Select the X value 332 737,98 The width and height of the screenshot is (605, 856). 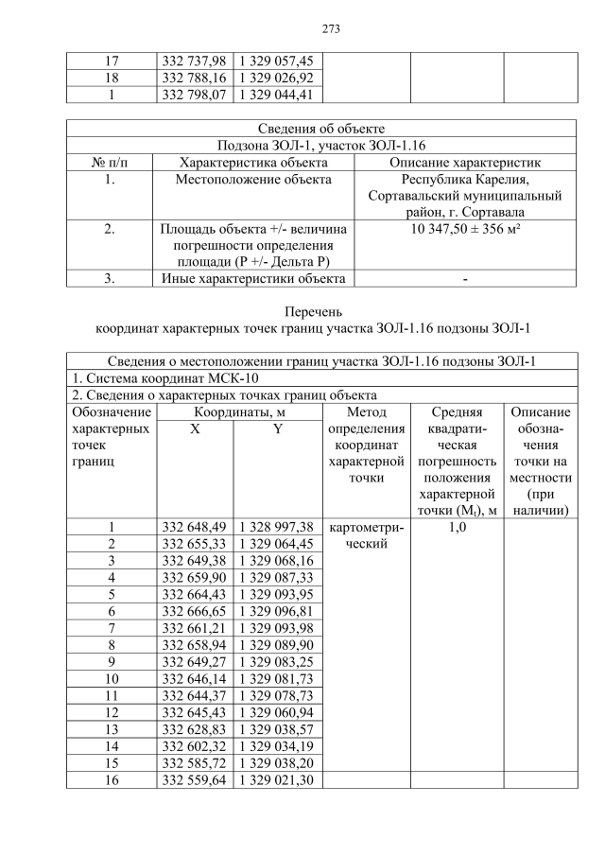[194, 61]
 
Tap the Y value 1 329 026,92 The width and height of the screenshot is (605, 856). [279, 78]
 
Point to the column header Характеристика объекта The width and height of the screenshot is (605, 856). [254, 162]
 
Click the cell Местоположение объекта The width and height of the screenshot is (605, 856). [254, 179]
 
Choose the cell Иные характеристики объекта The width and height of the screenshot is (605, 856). [254, 278]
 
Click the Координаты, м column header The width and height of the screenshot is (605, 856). [238, 412]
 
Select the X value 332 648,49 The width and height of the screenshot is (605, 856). [194, 526]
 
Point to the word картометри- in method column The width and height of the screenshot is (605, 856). [366, 526]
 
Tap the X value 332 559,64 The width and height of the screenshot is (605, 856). [194, 779]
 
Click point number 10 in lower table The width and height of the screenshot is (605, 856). [112, 678]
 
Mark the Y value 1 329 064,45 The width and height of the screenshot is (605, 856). [279, 543]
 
